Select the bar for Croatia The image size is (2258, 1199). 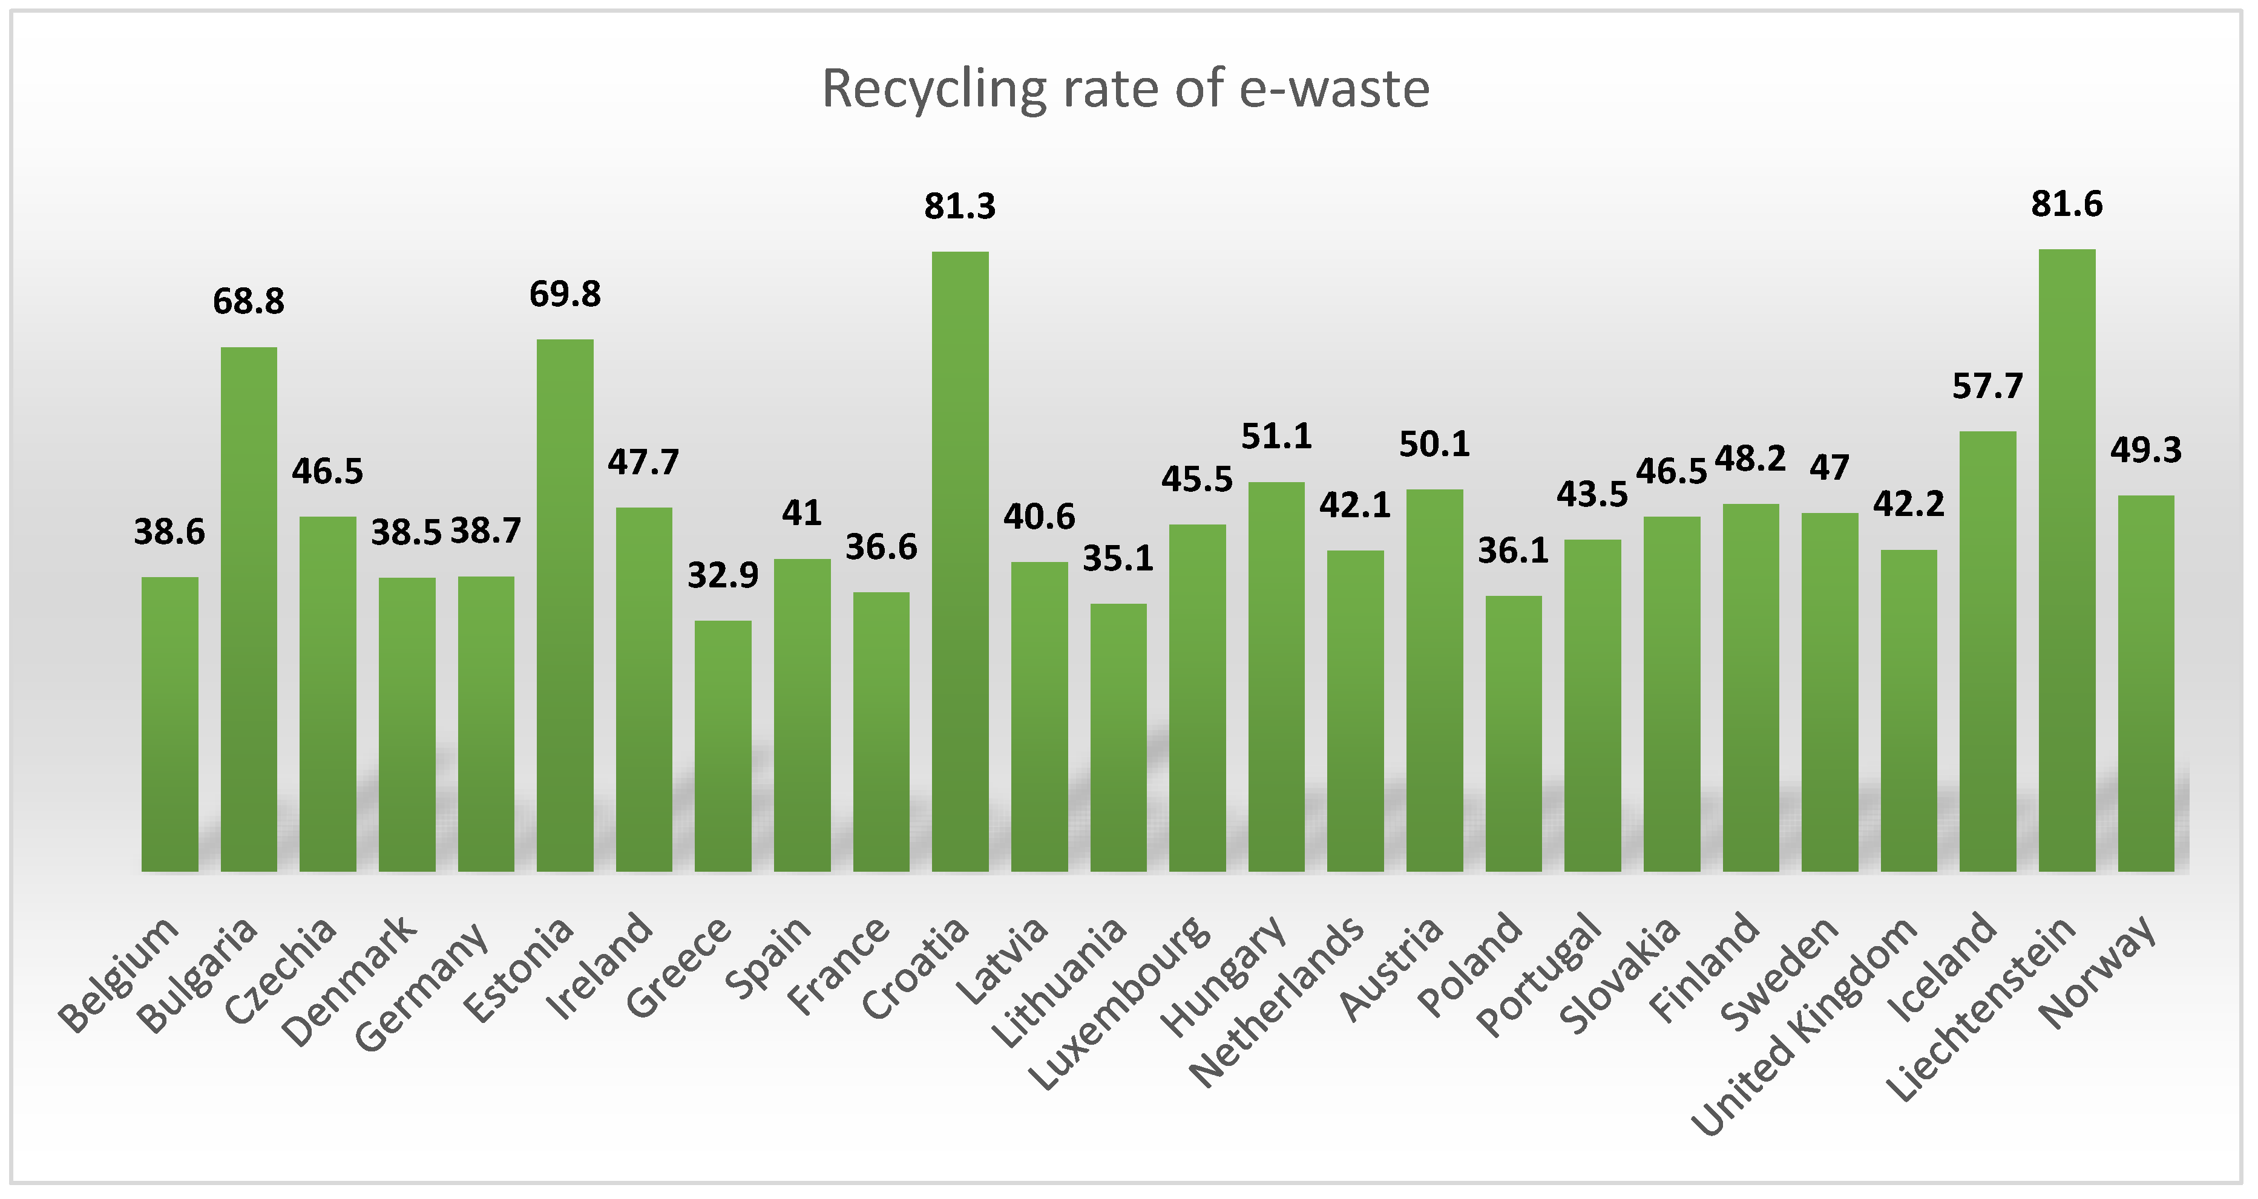[x=960, y=561]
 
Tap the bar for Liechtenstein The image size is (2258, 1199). [x=2066, y=561]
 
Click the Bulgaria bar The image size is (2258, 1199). [x=248, y=609]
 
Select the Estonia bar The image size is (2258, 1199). [x=565, y=605]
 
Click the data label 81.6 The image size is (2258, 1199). [x=2066, y=204]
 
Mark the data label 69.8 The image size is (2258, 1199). [x=565, y=295]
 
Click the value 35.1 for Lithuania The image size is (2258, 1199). [x=1118, y=558]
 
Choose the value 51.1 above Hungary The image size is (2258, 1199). [x=1276, y=437]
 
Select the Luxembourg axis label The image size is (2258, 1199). [x=1122, y=1004]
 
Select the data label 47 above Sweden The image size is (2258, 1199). [x=1830, y=468]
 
